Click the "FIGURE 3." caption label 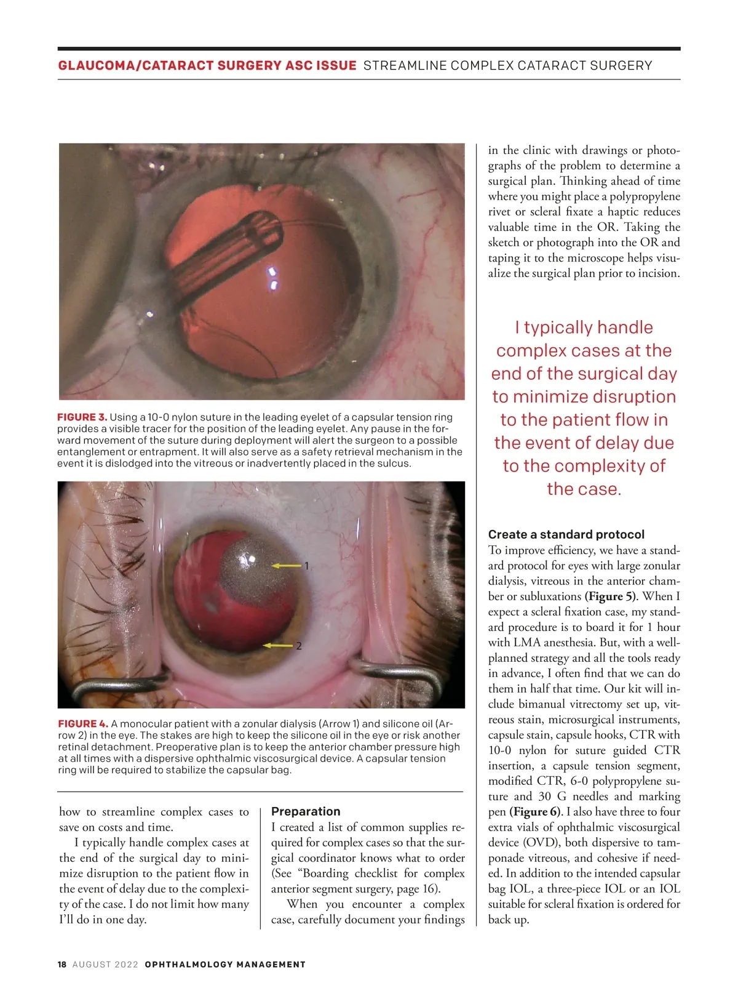click(x=82, y=417)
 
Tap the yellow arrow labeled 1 click(x=286, y=565)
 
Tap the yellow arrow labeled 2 click(x=277, y=646)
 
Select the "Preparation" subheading click(x=306, y=811)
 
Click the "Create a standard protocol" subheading click(x=566, y=534)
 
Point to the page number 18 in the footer click(x=62, y=965)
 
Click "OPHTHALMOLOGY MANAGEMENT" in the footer click(x=225, y=965)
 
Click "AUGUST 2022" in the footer click(x=105, y=965)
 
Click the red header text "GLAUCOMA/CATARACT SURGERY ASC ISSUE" click(x=207, y=65)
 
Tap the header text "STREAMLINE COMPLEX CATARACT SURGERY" click(x=507, y=65)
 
